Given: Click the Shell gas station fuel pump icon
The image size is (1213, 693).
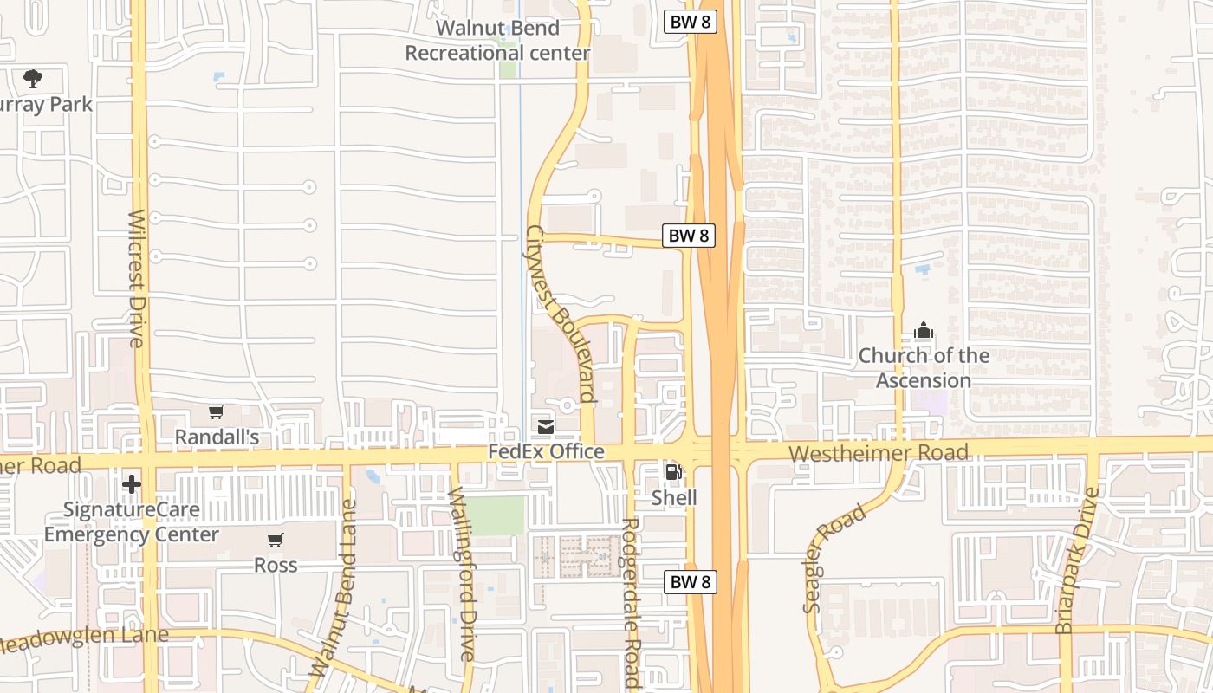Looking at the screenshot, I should coord(671,472).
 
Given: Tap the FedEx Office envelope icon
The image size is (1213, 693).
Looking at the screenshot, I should coord(546,426).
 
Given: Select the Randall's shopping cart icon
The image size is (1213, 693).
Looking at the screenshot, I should coord(217,411).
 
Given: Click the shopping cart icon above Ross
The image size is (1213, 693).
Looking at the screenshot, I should coord(275,541).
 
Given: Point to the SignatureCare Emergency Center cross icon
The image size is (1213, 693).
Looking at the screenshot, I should coord(132,483).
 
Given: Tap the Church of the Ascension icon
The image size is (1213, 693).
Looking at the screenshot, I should coord(924,330).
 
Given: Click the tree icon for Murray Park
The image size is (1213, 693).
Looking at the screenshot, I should coord(33,79).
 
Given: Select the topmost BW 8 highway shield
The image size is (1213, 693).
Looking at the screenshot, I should coord(691,23).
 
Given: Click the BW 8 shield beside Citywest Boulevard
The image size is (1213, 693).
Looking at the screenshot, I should coord(690,235).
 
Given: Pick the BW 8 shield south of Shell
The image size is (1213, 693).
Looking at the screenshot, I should coord(691,582).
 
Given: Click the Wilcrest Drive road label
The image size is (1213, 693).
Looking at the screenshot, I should coord(137,278).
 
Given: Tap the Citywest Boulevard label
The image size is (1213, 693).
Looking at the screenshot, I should coord(561,314).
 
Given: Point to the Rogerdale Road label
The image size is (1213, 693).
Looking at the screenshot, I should coord(632,603).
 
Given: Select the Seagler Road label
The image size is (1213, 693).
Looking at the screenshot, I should coord(834,560).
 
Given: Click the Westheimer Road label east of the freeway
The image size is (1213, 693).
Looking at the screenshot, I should coord(879,453).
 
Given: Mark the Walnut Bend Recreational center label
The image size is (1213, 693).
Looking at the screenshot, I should coord(497,41).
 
